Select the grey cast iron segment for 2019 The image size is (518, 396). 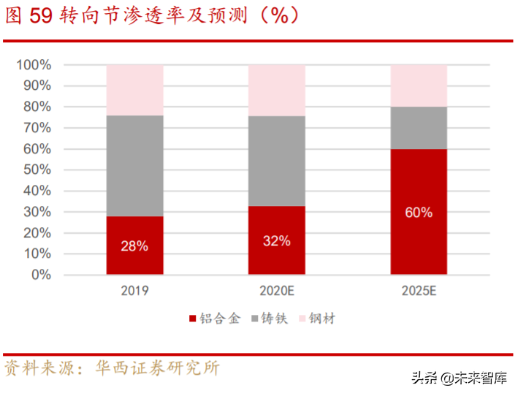point(134,165)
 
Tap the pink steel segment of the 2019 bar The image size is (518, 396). point(134,90)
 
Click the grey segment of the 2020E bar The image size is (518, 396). point(276,161)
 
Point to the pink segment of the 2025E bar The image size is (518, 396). point(418,85)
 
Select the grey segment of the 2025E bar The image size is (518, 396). point(418,128)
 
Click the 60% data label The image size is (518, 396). point(418,213)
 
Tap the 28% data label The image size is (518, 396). point(134,246)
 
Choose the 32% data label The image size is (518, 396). point(276,240)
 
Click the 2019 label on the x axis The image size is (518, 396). point(134,291)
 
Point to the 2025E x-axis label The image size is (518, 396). point(418,291)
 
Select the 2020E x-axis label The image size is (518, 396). point(276,291)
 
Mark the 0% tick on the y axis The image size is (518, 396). point(40,275)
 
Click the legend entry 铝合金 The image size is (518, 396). point(218,319)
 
